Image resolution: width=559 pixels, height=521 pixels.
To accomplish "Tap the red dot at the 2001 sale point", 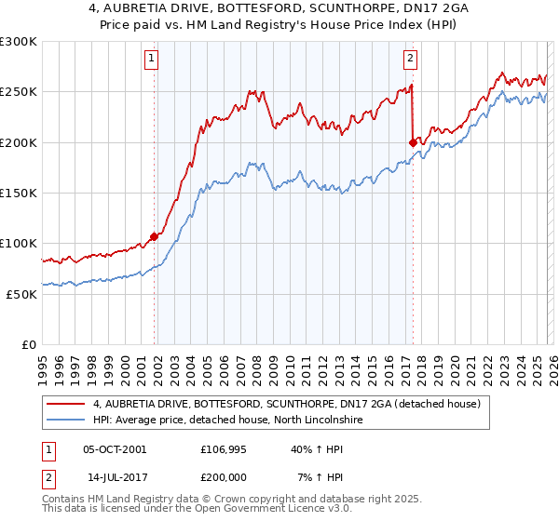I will point(154,236).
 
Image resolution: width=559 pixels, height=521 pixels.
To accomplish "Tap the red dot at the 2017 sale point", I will point(413,142).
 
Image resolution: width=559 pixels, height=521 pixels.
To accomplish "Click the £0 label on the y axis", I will point(29,344).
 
